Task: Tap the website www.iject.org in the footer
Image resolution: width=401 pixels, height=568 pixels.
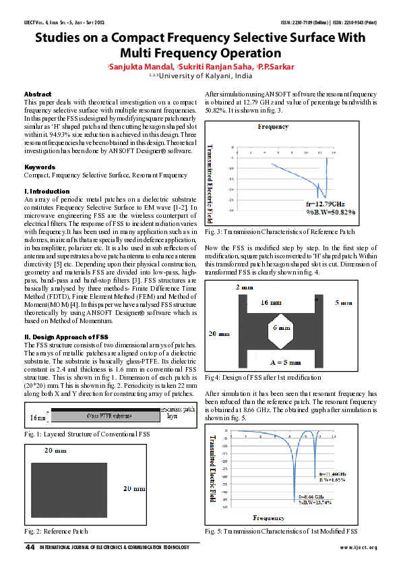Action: click(x=358, y=547)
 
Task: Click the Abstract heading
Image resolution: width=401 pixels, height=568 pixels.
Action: click(x=38, y=94)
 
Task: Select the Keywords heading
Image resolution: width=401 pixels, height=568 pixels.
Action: click(x=40, y=167)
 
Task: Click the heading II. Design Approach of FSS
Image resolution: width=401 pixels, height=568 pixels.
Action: click(x=66, y=336)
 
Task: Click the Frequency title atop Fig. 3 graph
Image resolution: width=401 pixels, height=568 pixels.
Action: click(x=272, y=126)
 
